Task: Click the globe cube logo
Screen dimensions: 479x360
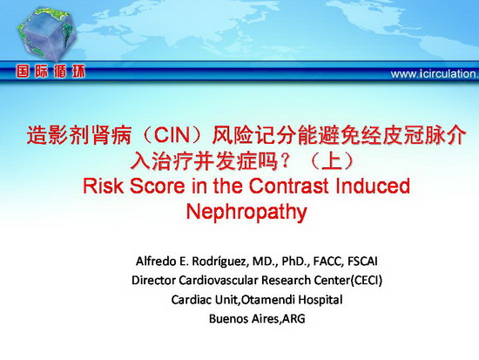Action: (47, 33)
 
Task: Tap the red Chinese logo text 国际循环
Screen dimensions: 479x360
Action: (51, 71)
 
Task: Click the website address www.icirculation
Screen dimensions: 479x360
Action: (435, 74)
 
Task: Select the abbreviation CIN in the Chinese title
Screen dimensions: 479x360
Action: (172, 135)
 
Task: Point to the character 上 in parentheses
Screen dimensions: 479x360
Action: (332, 161)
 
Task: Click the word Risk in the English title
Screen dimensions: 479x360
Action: (104, 186)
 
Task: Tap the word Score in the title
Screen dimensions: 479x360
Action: (158, 186)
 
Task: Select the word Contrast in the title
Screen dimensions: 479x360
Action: (288, 186)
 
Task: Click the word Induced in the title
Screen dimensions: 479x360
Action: (373, 186)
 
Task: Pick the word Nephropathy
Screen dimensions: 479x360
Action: (246, 212)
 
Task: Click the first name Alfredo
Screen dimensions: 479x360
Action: (156, 262)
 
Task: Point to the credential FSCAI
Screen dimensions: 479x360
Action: (362, 262)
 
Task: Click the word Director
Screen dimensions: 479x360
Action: (154, 280)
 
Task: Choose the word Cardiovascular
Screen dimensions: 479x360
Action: (219, 280)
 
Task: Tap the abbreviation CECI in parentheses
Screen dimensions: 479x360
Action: (368, 280)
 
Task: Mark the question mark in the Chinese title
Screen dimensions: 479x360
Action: (286, 161)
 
